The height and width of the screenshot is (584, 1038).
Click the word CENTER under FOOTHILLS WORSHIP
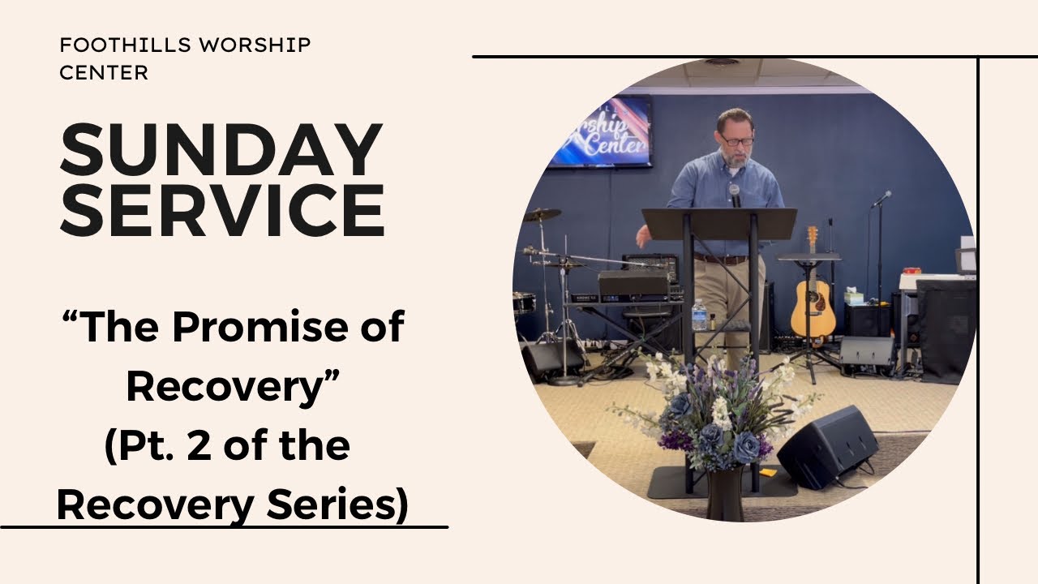pos(104,72)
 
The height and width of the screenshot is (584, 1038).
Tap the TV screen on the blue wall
pos(600,131)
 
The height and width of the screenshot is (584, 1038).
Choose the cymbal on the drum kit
pos(542,215)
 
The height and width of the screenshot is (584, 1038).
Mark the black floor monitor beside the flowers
pos(827,446)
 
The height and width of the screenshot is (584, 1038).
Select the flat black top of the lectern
pos(718,224)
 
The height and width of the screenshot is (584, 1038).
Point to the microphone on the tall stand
pos(882,196)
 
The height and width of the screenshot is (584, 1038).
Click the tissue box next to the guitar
pos(853,296)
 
